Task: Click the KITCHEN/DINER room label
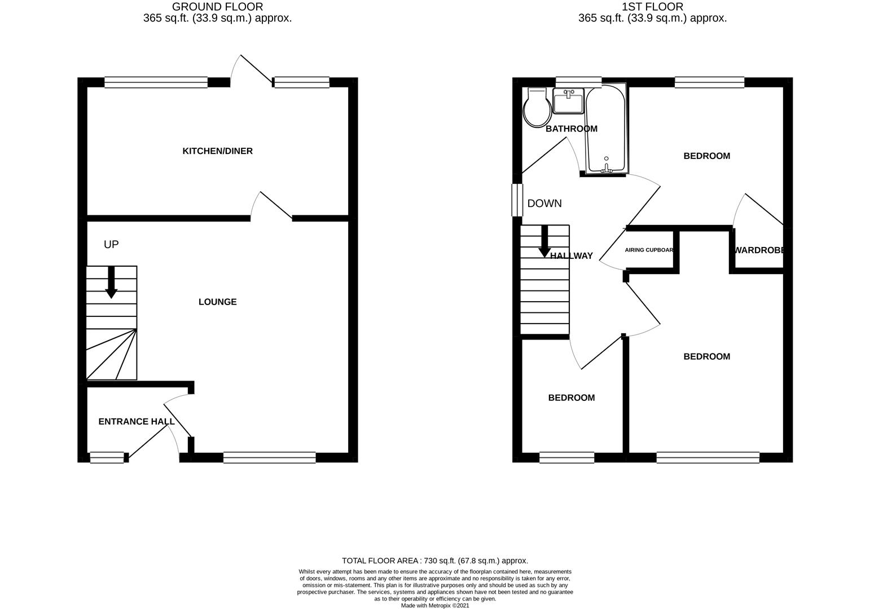[217, 151]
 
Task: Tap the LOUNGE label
[217, 302]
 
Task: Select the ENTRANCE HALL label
[137, 422]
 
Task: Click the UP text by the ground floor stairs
[111, 245]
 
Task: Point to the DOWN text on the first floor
[544, 204]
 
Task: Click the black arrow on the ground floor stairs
[111, 282]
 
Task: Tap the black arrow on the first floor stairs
[544, 241]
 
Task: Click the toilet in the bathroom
[537, 107]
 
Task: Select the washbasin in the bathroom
[568, 101]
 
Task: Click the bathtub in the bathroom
[605, 130]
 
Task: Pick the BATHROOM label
[571, 129]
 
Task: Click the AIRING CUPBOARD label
[649, 250]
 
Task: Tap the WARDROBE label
[759, 250]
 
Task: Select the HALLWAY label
[572, 256]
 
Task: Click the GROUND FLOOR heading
[217, 7]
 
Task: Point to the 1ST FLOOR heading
[652, 7]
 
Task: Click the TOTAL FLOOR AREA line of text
[435, 561]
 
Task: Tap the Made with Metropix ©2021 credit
[435, 606]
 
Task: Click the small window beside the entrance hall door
[107, 457]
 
